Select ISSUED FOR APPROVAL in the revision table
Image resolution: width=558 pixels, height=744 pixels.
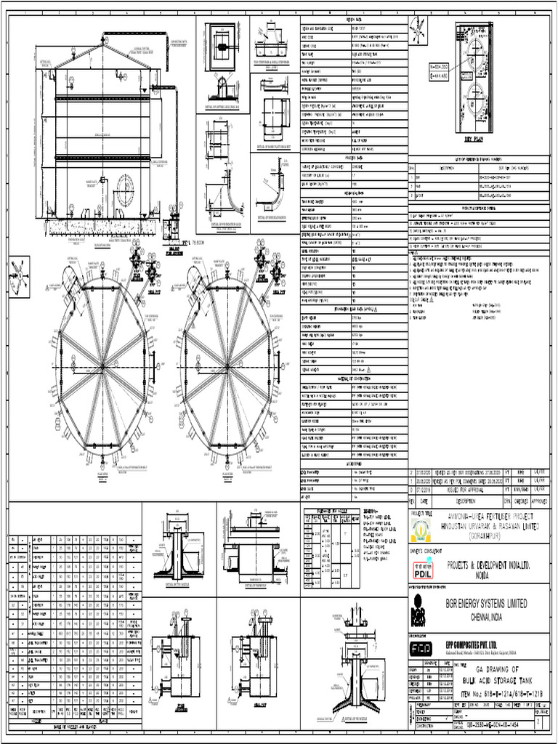tap(468, 490)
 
